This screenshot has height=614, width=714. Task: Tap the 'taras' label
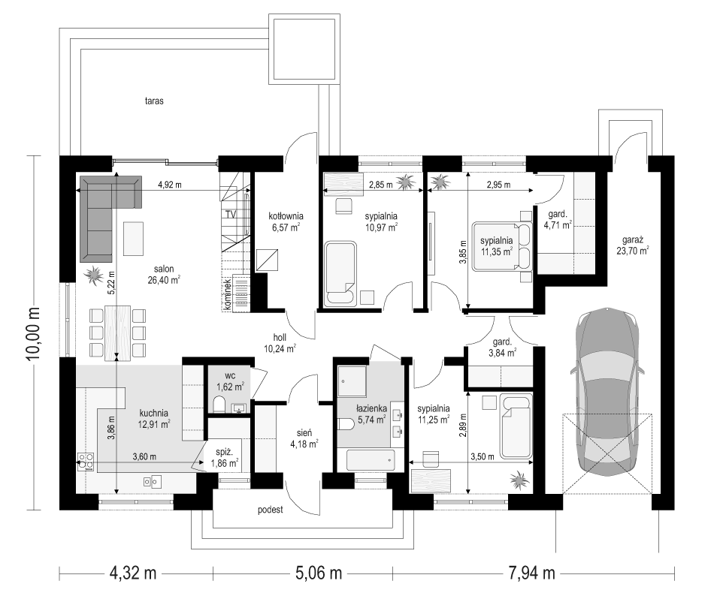154,101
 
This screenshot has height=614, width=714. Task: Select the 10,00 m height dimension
34,333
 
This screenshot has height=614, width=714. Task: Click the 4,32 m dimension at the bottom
133,573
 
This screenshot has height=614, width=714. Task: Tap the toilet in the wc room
219,404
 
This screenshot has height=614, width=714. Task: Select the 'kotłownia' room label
286,216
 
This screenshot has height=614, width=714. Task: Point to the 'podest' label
271,510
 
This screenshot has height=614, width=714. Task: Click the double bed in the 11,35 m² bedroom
502,246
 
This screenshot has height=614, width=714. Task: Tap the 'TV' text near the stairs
231,214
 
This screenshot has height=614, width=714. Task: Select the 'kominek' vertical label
227,295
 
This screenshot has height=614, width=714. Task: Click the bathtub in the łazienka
371,460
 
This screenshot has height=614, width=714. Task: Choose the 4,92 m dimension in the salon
169,185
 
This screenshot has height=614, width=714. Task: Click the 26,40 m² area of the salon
164,280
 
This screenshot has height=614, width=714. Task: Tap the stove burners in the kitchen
86,461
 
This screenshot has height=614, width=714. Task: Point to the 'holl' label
280,338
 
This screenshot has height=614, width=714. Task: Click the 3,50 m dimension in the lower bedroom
483,456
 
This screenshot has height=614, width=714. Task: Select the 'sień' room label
304,433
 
